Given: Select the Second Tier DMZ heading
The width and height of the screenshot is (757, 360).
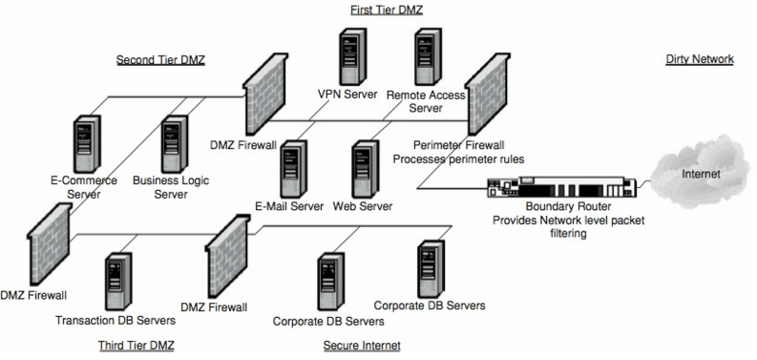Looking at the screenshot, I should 161,59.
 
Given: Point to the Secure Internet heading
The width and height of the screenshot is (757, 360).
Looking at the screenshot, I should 362,344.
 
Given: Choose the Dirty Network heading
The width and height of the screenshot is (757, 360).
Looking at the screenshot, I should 699,59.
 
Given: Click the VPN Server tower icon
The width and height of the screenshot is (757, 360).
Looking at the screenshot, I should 349,57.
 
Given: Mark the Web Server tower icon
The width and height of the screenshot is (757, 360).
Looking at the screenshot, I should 365,169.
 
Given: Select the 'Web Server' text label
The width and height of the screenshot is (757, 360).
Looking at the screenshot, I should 364,205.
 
